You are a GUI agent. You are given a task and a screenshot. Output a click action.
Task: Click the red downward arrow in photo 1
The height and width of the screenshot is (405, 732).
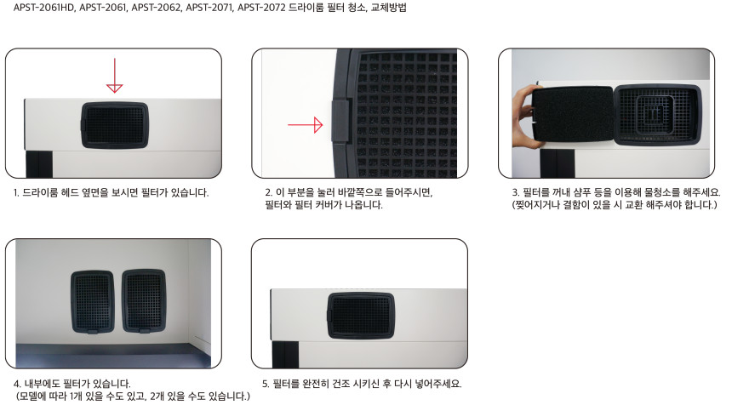click(x=114, y=76)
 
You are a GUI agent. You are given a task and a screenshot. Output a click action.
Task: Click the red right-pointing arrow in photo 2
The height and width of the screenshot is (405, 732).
click(x=306, y=125)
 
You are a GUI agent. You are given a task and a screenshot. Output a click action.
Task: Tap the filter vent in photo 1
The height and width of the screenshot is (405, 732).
click(x=115, y=126)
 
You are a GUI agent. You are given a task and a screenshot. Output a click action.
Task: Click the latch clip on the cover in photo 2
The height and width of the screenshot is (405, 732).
click(x=341, y=120)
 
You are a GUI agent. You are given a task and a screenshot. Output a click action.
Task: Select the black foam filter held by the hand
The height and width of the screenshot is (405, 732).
click(x=573, y=114)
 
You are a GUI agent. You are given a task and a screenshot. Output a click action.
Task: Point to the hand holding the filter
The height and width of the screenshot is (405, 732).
click(x=523, y=117)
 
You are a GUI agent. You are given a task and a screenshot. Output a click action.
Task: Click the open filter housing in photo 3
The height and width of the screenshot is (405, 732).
click(x=658, y=115)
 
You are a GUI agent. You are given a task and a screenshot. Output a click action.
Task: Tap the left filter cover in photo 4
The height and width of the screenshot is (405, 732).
click(x=93, y=302)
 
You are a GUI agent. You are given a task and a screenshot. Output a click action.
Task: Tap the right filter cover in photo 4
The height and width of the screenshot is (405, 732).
click(x=144, y=301)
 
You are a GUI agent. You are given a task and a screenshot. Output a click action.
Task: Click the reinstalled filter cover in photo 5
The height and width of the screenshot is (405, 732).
click(x=361, y=316)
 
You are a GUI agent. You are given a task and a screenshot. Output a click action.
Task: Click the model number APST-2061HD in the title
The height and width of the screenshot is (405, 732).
click(x=44, y=8)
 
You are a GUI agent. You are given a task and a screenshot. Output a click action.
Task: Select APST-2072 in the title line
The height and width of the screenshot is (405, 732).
click(x=261, y=8)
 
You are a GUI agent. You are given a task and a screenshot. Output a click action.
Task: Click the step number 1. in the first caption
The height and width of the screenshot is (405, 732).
click(x=16, y=192)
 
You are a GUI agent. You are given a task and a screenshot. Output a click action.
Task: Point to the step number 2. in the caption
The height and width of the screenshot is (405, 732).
click(x=268, y=192)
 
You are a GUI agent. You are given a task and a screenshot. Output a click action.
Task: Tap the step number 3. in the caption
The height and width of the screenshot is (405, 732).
click(x=516, y=192)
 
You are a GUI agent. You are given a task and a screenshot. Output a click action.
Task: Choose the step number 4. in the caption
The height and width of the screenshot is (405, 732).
click(x=17, y=384)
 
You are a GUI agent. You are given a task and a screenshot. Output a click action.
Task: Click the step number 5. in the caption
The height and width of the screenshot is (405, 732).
click(x=266, y=384)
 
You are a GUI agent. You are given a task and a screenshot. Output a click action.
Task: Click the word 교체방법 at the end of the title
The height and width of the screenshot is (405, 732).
click(x=388, y=8)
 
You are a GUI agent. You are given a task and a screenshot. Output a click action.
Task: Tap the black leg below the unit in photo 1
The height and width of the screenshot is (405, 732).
click(x=39, y=163)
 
